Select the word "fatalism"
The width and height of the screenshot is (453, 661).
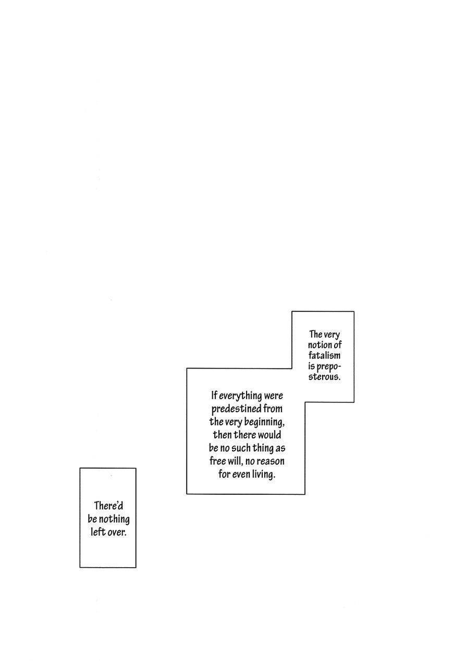click(324, 356)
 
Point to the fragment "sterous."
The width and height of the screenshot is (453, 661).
click(324, 377)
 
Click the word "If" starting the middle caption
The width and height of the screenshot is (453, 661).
click(214, 395)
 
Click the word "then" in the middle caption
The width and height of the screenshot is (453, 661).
click(222, 435)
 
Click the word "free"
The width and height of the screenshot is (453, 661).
click(218, 461)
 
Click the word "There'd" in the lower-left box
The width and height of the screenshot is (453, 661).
click(108, 506)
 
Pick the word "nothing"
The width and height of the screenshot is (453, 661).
click(114, 519)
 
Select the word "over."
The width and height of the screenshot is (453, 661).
click(117, 532)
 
